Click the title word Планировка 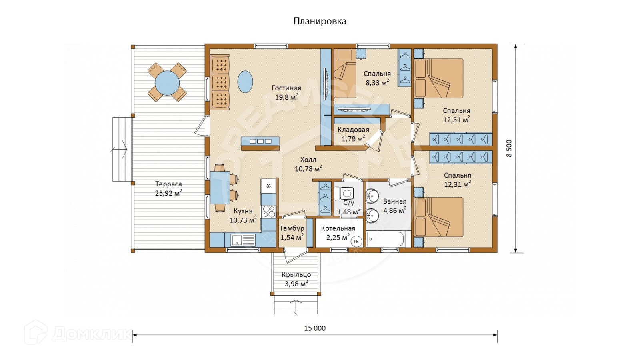[x=320, y=21]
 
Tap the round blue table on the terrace [x=167, y=82]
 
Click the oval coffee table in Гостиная [x=245, y=82]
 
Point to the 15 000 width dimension [x=315, y=328]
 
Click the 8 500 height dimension [x=509, y=148]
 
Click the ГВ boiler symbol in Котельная [x=356, y=241]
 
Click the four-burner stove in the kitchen [x=268, y=211]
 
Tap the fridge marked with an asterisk [x=268, y=186]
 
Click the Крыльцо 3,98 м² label [x=296, y=279]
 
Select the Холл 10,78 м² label [x=308, y=164]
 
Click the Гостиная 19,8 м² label [x=286, y=92]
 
